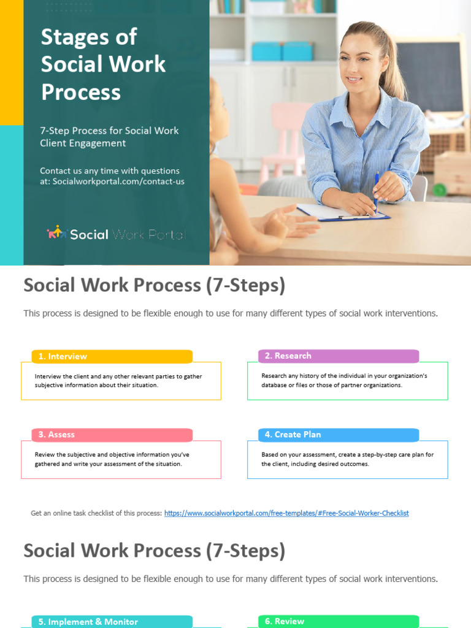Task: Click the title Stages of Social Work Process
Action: [x=103, y=64]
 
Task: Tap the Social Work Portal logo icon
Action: [x=56, y=233]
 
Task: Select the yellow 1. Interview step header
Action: [x=112, y=356]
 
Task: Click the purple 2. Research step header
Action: [x=339, y=356]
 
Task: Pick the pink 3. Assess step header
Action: [x=112, y=435]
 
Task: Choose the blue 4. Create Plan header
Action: [x=339, y=435]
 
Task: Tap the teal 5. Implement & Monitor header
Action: [x=112, y=622]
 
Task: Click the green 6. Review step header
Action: [x=339, y=621]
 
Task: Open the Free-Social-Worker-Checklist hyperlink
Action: [x=286, y=513]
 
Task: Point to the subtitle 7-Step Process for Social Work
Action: [x=109, y=131]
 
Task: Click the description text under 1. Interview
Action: [x=118, y=381]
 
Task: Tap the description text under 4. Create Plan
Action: [x=347, y=459]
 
